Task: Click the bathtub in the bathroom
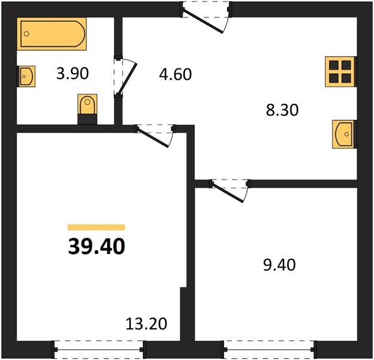click(x=52, y=34)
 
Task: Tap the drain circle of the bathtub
click(x=26, y=34)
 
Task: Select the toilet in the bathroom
click(x=88, y=109)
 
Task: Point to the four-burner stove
click(x=340, y=71)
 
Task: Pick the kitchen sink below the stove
click(x=345, y=134)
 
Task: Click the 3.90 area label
click(x=73, y=73)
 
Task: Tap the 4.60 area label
click(x=175, y=74)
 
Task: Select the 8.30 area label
click(x=282, y=110)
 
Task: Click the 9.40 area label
click(x=279, y=265)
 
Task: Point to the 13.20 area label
click(x=146, y=324)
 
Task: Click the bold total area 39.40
click(x=96, y=247)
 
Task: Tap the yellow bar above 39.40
click(x=96, y=227)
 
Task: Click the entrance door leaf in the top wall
click(x=203, y=21)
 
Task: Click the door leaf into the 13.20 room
click(x=153, y=138)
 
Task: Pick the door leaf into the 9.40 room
click(x=228, y=193)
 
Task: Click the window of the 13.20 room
click(x=99, y=349)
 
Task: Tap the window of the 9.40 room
click(x=270, y=349)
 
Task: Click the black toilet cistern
click(x=88, y=119)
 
